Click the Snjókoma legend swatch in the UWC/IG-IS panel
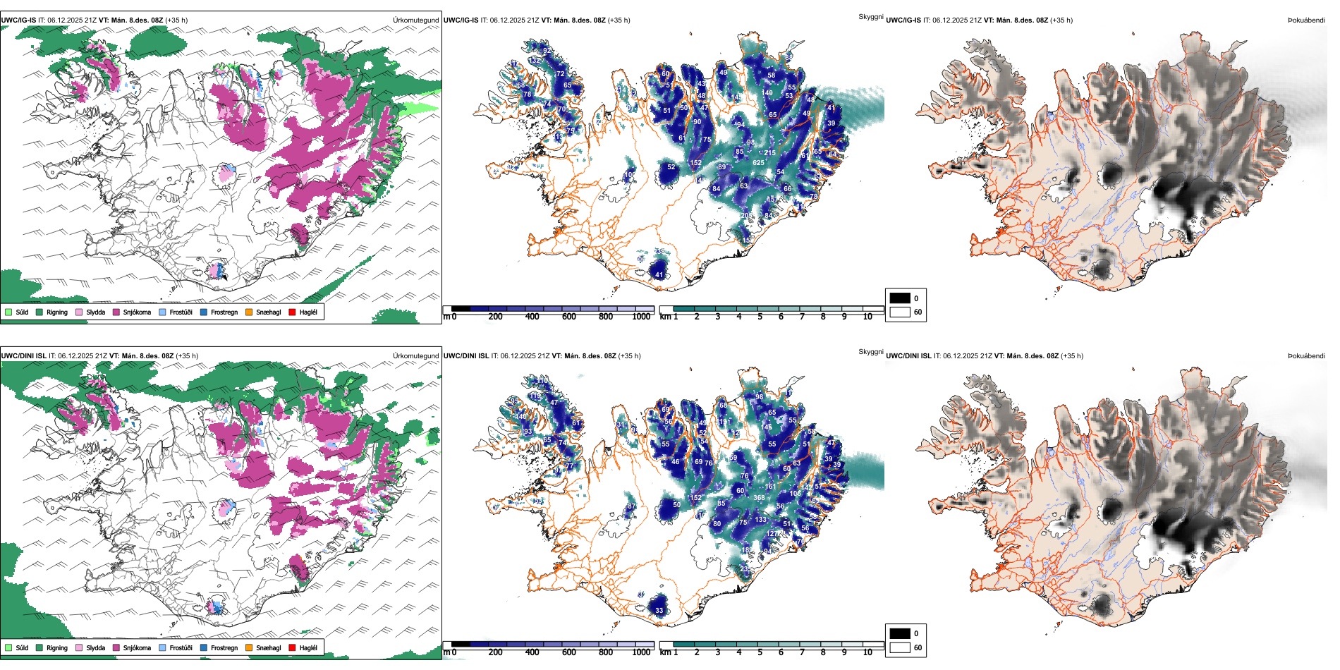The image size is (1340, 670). (x=116, y=312)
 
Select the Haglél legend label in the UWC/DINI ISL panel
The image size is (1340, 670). (x=308, y=648)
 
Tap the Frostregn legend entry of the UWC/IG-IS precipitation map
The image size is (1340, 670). (x=224, y=312)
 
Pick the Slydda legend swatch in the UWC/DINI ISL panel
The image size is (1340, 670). (x=79, y=648)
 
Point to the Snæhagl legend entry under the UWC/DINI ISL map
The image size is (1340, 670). (x=268, y=648)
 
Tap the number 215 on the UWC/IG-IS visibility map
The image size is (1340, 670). (x=769, y=153)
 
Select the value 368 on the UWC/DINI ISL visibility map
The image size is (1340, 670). (x=759, y=498)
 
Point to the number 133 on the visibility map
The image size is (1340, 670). (x=760, y=520)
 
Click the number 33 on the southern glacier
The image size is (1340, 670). (x=659, y=611)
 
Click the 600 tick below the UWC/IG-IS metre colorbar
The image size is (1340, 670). (x=569, y=317)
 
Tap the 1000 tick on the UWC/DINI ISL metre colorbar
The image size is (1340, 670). (x=641, y=653)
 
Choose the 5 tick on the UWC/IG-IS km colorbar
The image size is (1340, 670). (x=760, y=317)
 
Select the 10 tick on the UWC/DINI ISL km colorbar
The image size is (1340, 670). (x=867, y=653)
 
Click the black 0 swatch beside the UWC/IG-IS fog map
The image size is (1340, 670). (x=900, y=298)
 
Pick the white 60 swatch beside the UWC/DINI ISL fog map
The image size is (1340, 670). (x=900, y=647)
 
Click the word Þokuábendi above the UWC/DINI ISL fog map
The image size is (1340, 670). (x=1306, y=356)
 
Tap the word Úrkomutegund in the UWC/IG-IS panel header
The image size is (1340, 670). (x=416, y=20)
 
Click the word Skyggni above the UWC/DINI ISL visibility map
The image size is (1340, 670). (x=871, y=352)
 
